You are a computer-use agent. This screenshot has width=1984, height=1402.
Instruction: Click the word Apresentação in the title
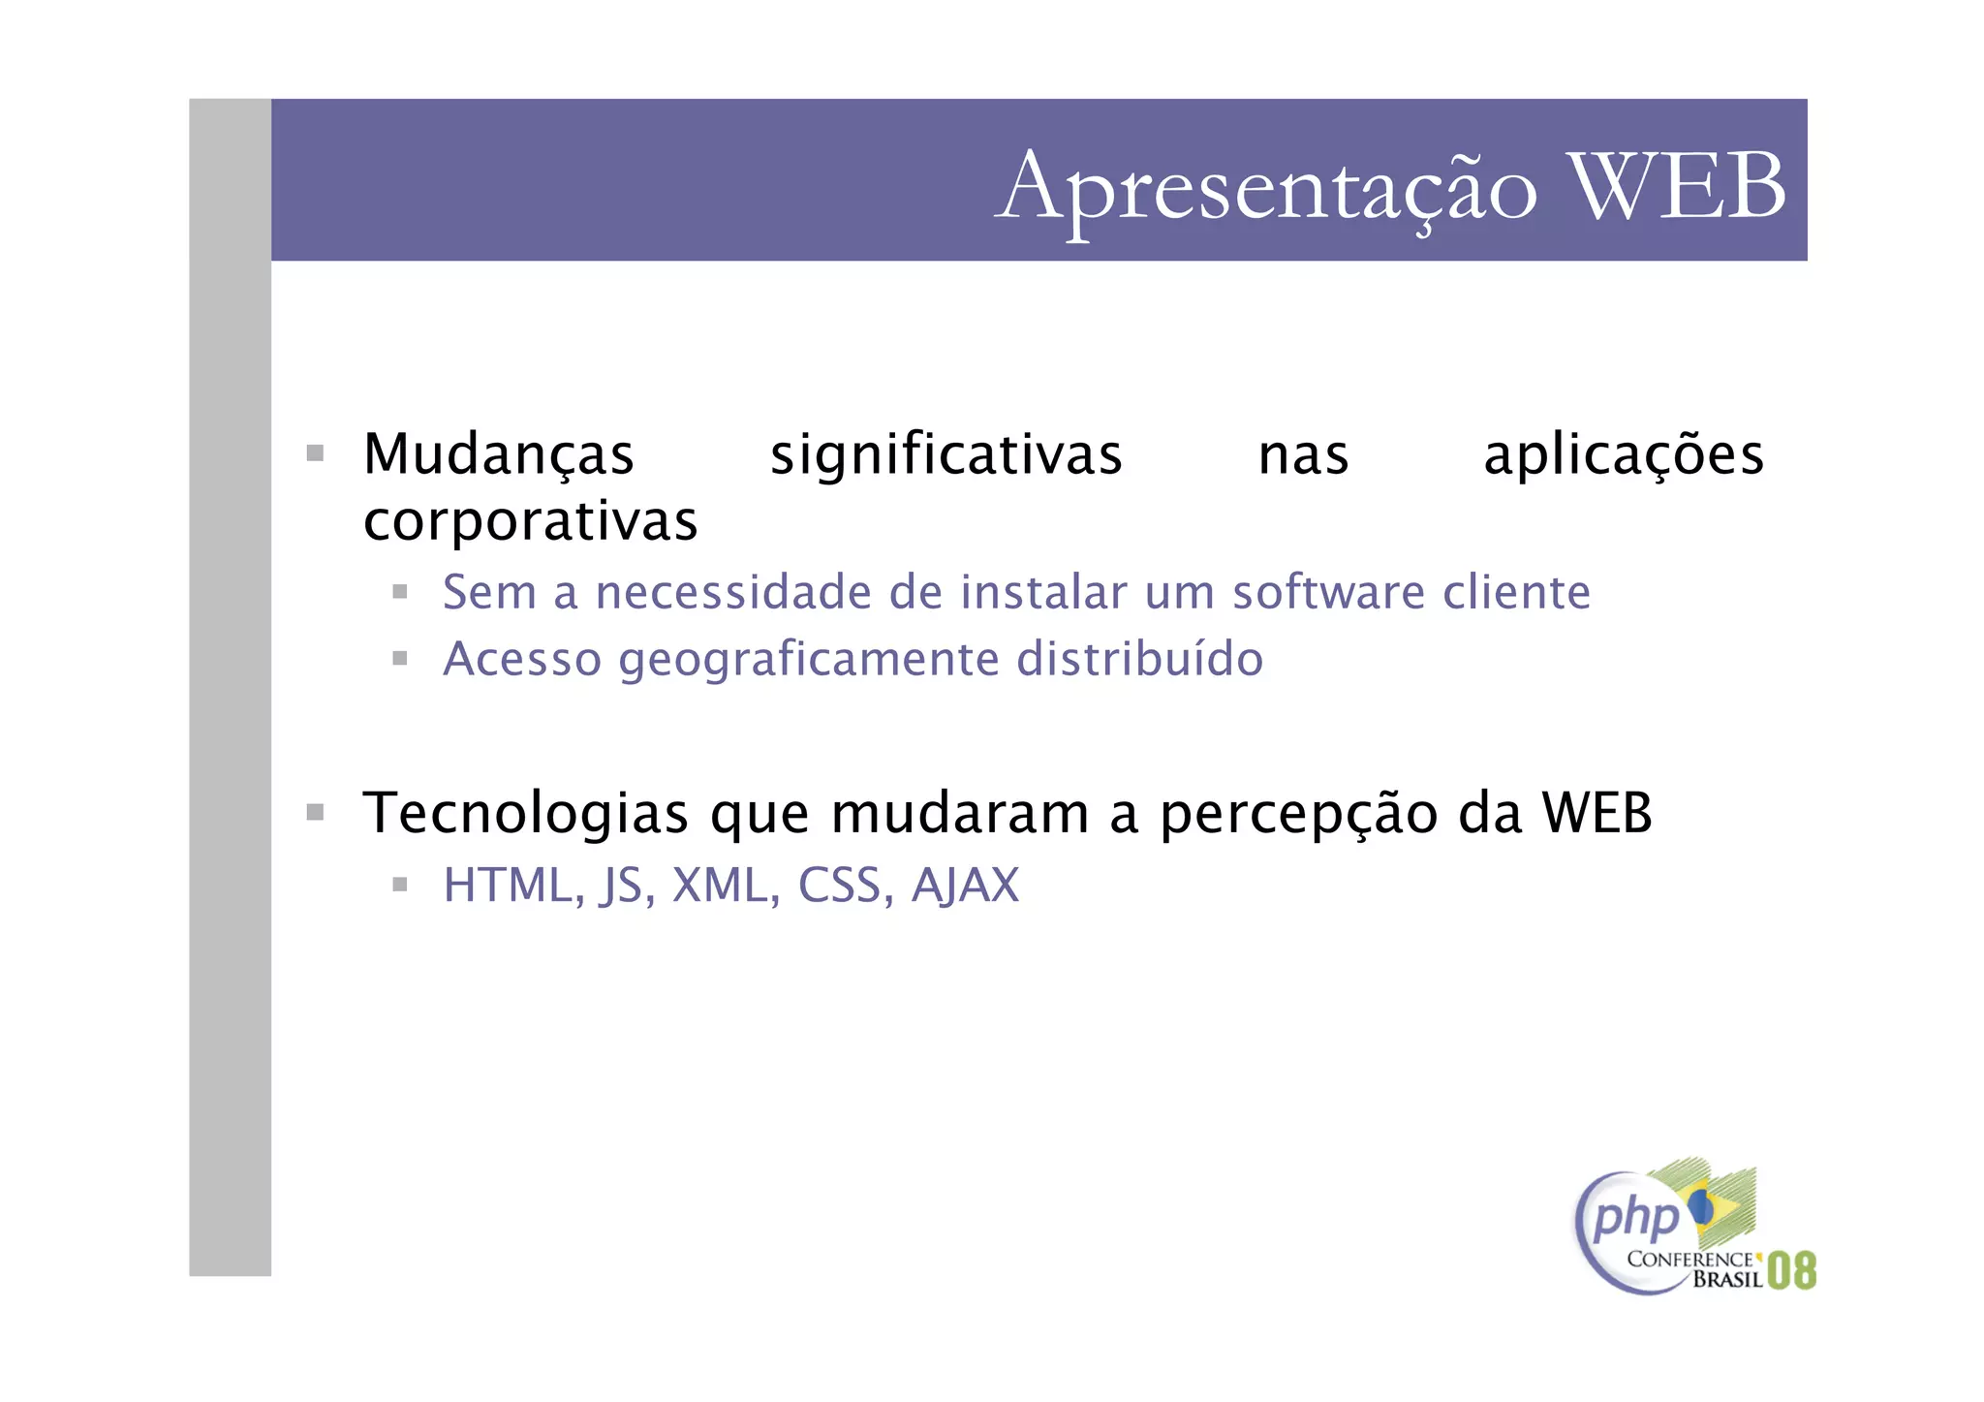tap(1265, 187)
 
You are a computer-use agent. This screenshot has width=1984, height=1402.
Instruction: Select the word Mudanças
tap(498, 454)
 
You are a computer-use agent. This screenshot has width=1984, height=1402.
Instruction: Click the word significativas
tap(945, 454)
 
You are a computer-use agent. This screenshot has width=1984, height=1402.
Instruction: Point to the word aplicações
tap(1624, 454)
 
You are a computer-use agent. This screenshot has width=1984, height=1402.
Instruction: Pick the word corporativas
tap(530, 521)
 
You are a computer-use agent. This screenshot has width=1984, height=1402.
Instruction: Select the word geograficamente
tap(809, 661)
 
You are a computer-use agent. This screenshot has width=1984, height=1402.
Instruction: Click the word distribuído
tap(1139, 659)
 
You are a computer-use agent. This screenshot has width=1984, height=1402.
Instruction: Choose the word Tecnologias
tap(525, 813)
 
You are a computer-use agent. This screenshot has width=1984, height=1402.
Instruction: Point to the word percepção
tap(1298, 815)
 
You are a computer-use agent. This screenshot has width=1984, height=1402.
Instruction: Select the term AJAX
tap(965, 885)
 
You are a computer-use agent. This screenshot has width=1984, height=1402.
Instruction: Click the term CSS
tap(839, 885)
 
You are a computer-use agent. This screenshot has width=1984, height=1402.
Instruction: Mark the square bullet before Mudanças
tap(315, 453)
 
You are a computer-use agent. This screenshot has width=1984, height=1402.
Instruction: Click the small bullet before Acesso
tap(399, 659)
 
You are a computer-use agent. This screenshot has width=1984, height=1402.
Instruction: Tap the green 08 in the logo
tap(1791, 1270)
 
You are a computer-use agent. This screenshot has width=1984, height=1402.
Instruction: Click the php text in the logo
tap(1635, 1217)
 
